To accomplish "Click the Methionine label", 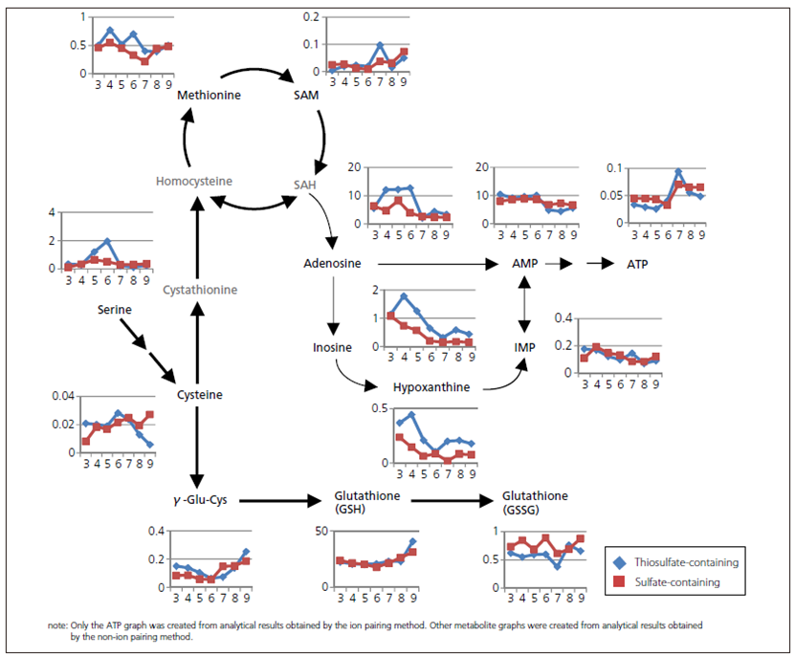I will point(209,96).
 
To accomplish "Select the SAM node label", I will point(306,96).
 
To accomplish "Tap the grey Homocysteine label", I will point(195,181).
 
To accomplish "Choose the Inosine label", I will point(332,347).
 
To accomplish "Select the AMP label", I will point(524,263).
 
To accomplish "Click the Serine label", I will point(114,310).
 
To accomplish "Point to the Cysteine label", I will point(200,395).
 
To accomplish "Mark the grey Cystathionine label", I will point(199,289).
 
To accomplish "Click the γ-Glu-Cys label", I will point(200,499).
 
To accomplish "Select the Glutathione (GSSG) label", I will point(535,502).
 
